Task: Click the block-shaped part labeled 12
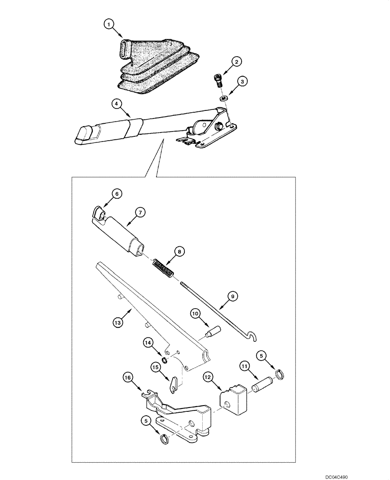click(233, 397)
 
